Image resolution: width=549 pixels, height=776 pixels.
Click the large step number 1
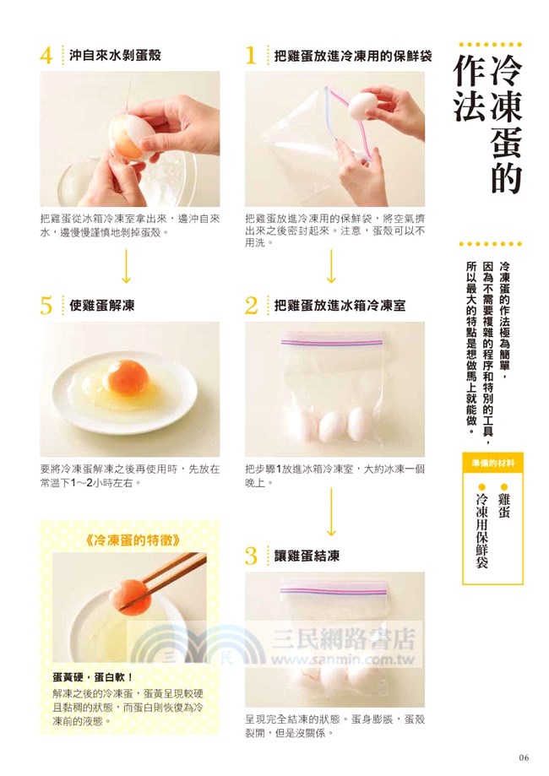250,56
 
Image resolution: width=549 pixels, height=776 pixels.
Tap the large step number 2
251,306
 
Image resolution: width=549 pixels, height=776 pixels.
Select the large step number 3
251,556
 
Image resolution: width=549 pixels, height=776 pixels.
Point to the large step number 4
46,56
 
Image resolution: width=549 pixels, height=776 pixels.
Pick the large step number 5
46,306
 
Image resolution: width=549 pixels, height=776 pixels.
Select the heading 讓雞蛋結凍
312,556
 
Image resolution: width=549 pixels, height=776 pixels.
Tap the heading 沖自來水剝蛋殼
115,55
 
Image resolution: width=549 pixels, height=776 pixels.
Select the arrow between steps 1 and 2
331,267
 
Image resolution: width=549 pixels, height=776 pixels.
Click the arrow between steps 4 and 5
127,267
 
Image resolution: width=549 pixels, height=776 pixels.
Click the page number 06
524,756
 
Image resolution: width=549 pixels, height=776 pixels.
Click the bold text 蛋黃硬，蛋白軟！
93,676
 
